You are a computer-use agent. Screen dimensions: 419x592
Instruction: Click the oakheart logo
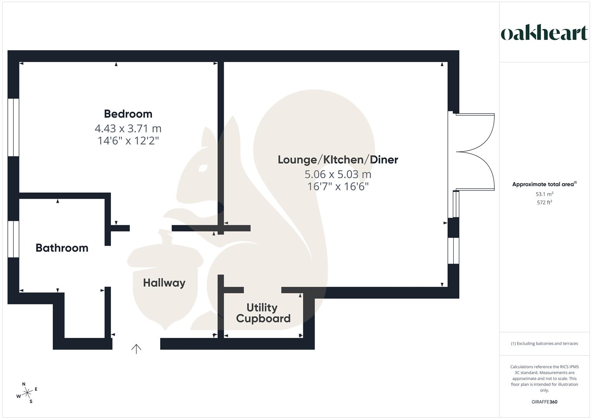click(544, 33)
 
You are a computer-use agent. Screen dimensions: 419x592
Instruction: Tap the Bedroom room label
click(128, 114)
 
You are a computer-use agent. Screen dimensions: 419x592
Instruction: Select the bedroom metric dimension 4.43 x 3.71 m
click(128, 128)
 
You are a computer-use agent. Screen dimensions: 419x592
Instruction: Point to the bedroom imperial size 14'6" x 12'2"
click(128, 140)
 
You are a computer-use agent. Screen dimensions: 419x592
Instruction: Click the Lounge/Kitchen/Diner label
click(338, 159)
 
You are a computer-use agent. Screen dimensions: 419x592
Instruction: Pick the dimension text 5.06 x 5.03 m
click(338, 174)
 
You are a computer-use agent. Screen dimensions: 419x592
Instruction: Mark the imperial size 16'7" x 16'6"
click(338, 187)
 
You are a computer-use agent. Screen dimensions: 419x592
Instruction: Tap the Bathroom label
click(62, 248)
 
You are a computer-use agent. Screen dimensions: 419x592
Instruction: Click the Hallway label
click(164, 283)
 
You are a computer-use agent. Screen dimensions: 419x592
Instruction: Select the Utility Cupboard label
click(263, 313)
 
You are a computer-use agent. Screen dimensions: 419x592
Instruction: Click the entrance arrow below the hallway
click(136, 349)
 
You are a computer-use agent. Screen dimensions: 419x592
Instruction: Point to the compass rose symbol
click(27, 393)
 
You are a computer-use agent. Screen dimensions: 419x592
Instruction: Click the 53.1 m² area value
click(544, 194)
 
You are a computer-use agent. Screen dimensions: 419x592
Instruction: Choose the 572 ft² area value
click(544, 203)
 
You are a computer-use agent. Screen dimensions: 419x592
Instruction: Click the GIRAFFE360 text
click(544, 402)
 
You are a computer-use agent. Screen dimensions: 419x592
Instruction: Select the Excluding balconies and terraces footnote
click(544, 343)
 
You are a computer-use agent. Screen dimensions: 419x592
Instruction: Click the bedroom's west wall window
click(14, 127)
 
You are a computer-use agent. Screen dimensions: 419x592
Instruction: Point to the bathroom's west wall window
click(14, 239)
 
